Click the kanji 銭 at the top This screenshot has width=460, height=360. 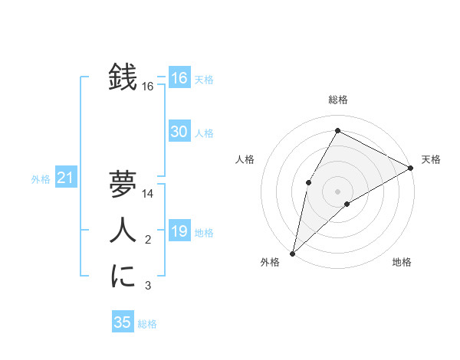click(123, 77)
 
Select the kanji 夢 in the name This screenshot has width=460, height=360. click(123, 184)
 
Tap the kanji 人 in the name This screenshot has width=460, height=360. click(123, 231)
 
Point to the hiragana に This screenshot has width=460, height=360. click(123, 276)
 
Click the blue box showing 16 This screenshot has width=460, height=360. click(179, 78)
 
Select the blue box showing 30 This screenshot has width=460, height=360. click(179, 132)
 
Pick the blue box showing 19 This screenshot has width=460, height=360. click(179, 231)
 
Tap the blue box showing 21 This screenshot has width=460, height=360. click(65, 178)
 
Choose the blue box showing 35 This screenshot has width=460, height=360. click(123, 322)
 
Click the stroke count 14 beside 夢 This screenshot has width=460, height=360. click(149, 194)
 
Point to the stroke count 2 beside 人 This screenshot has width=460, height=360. click(149, 241)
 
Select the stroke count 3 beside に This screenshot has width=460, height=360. click(149, 286)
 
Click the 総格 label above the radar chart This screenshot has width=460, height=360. click(337, 100)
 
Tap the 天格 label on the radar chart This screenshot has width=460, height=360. click(431, 159)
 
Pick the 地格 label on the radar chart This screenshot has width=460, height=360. click(402, 262)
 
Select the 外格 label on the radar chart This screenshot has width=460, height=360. click(270, 262)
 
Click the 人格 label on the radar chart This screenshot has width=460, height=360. click(245, 159)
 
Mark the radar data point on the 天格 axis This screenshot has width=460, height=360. click(411, 168)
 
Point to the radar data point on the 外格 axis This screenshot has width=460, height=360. click(292, 253)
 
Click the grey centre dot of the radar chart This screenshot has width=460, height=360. click(337, 191)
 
